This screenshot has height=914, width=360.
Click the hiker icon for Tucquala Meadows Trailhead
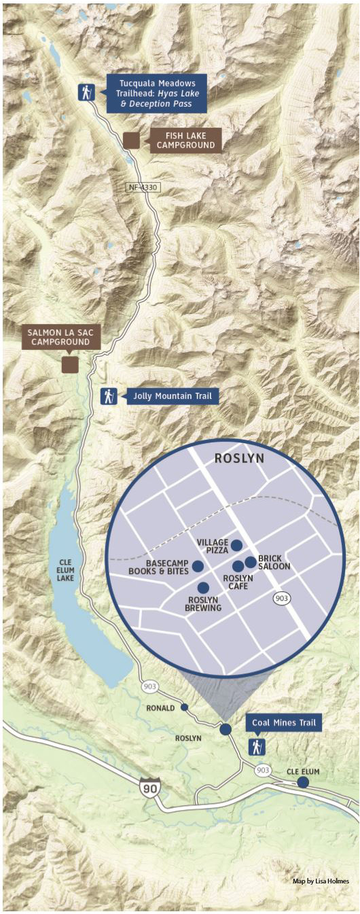click(86, 92)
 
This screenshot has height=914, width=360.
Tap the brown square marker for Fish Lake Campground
click(131, 140)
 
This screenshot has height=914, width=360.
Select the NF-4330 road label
click(143, 187)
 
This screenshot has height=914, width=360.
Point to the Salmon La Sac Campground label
click(61, 337)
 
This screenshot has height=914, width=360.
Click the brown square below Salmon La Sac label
click(70, 365)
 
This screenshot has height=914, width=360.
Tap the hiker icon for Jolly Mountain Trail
click(109, 396)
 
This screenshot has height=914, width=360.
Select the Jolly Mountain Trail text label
click(173, 396)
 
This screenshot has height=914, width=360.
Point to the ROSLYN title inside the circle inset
click(239, 459)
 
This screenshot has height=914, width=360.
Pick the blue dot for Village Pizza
click(236, 545)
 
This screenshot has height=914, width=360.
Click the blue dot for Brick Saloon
click(251, 561)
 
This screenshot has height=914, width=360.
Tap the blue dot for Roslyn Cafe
click(238, 566)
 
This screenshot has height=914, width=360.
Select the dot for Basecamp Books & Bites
click(198, 566)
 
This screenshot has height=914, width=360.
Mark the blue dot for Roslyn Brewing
click(203, 588)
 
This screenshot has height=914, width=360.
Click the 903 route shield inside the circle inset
click(283, 598)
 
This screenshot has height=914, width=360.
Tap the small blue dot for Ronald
click(184, 707)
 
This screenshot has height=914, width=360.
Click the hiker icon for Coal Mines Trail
click(257, 747)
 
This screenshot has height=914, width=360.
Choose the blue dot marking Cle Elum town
click(303, 782)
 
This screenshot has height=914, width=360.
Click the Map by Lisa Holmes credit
click(321, 881)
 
